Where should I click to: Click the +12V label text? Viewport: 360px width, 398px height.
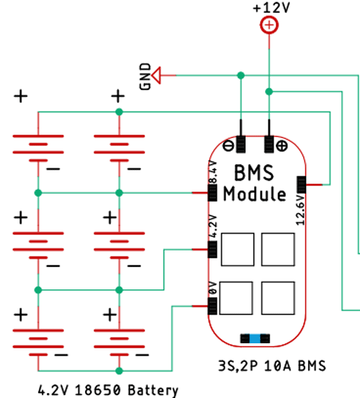(268, 8)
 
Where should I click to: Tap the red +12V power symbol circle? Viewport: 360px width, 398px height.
(269, 26)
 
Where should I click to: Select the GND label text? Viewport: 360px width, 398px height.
(147, 76)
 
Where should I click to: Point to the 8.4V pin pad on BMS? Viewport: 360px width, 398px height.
(212, 192)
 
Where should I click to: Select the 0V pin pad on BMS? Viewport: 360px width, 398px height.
(212, 307)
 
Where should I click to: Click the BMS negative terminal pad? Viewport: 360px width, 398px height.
(240, 145)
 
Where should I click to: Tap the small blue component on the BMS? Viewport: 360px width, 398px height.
(251, 338)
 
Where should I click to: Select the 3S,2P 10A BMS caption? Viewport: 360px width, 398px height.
(270, 366)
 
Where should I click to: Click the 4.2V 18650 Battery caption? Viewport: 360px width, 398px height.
(108, 390)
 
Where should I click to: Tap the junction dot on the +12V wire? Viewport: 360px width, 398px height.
(269, 91)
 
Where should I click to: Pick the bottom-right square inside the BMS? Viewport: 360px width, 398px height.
(278, 296)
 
